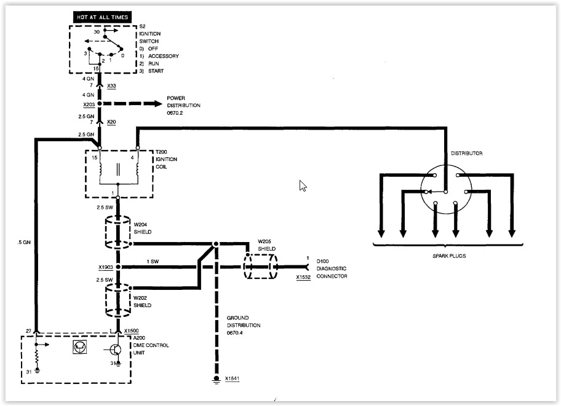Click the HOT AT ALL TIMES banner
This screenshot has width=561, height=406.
(103, 17)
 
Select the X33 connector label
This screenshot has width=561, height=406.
(111, 86)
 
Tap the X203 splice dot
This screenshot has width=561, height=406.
(100, 104)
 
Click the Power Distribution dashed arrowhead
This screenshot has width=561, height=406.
(157, 104)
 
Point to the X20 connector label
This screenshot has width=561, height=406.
(111, 122)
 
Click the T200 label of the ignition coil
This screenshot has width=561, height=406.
(161, 152)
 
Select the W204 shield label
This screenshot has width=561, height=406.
(140, 224)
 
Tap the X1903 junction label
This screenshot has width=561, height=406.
(106, 267)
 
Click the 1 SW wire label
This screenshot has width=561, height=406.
(153, 262)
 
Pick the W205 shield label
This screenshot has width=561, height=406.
(265, 241)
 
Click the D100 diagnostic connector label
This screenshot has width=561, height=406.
(322, 261)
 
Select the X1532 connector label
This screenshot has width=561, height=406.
(303, 277)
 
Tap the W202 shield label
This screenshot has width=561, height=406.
(140, 298)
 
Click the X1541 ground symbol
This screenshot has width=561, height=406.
(216, 379)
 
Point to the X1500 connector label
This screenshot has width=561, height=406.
(131, 331)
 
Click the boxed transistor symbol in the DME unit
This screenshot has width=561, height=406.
(80, 346)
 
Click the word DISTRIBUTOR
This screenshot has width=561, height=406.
(466, 154)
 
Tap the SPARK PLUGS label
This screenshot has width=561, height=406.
(450, 256)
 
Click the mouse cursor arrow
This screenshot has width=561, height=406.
(303, 186)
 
